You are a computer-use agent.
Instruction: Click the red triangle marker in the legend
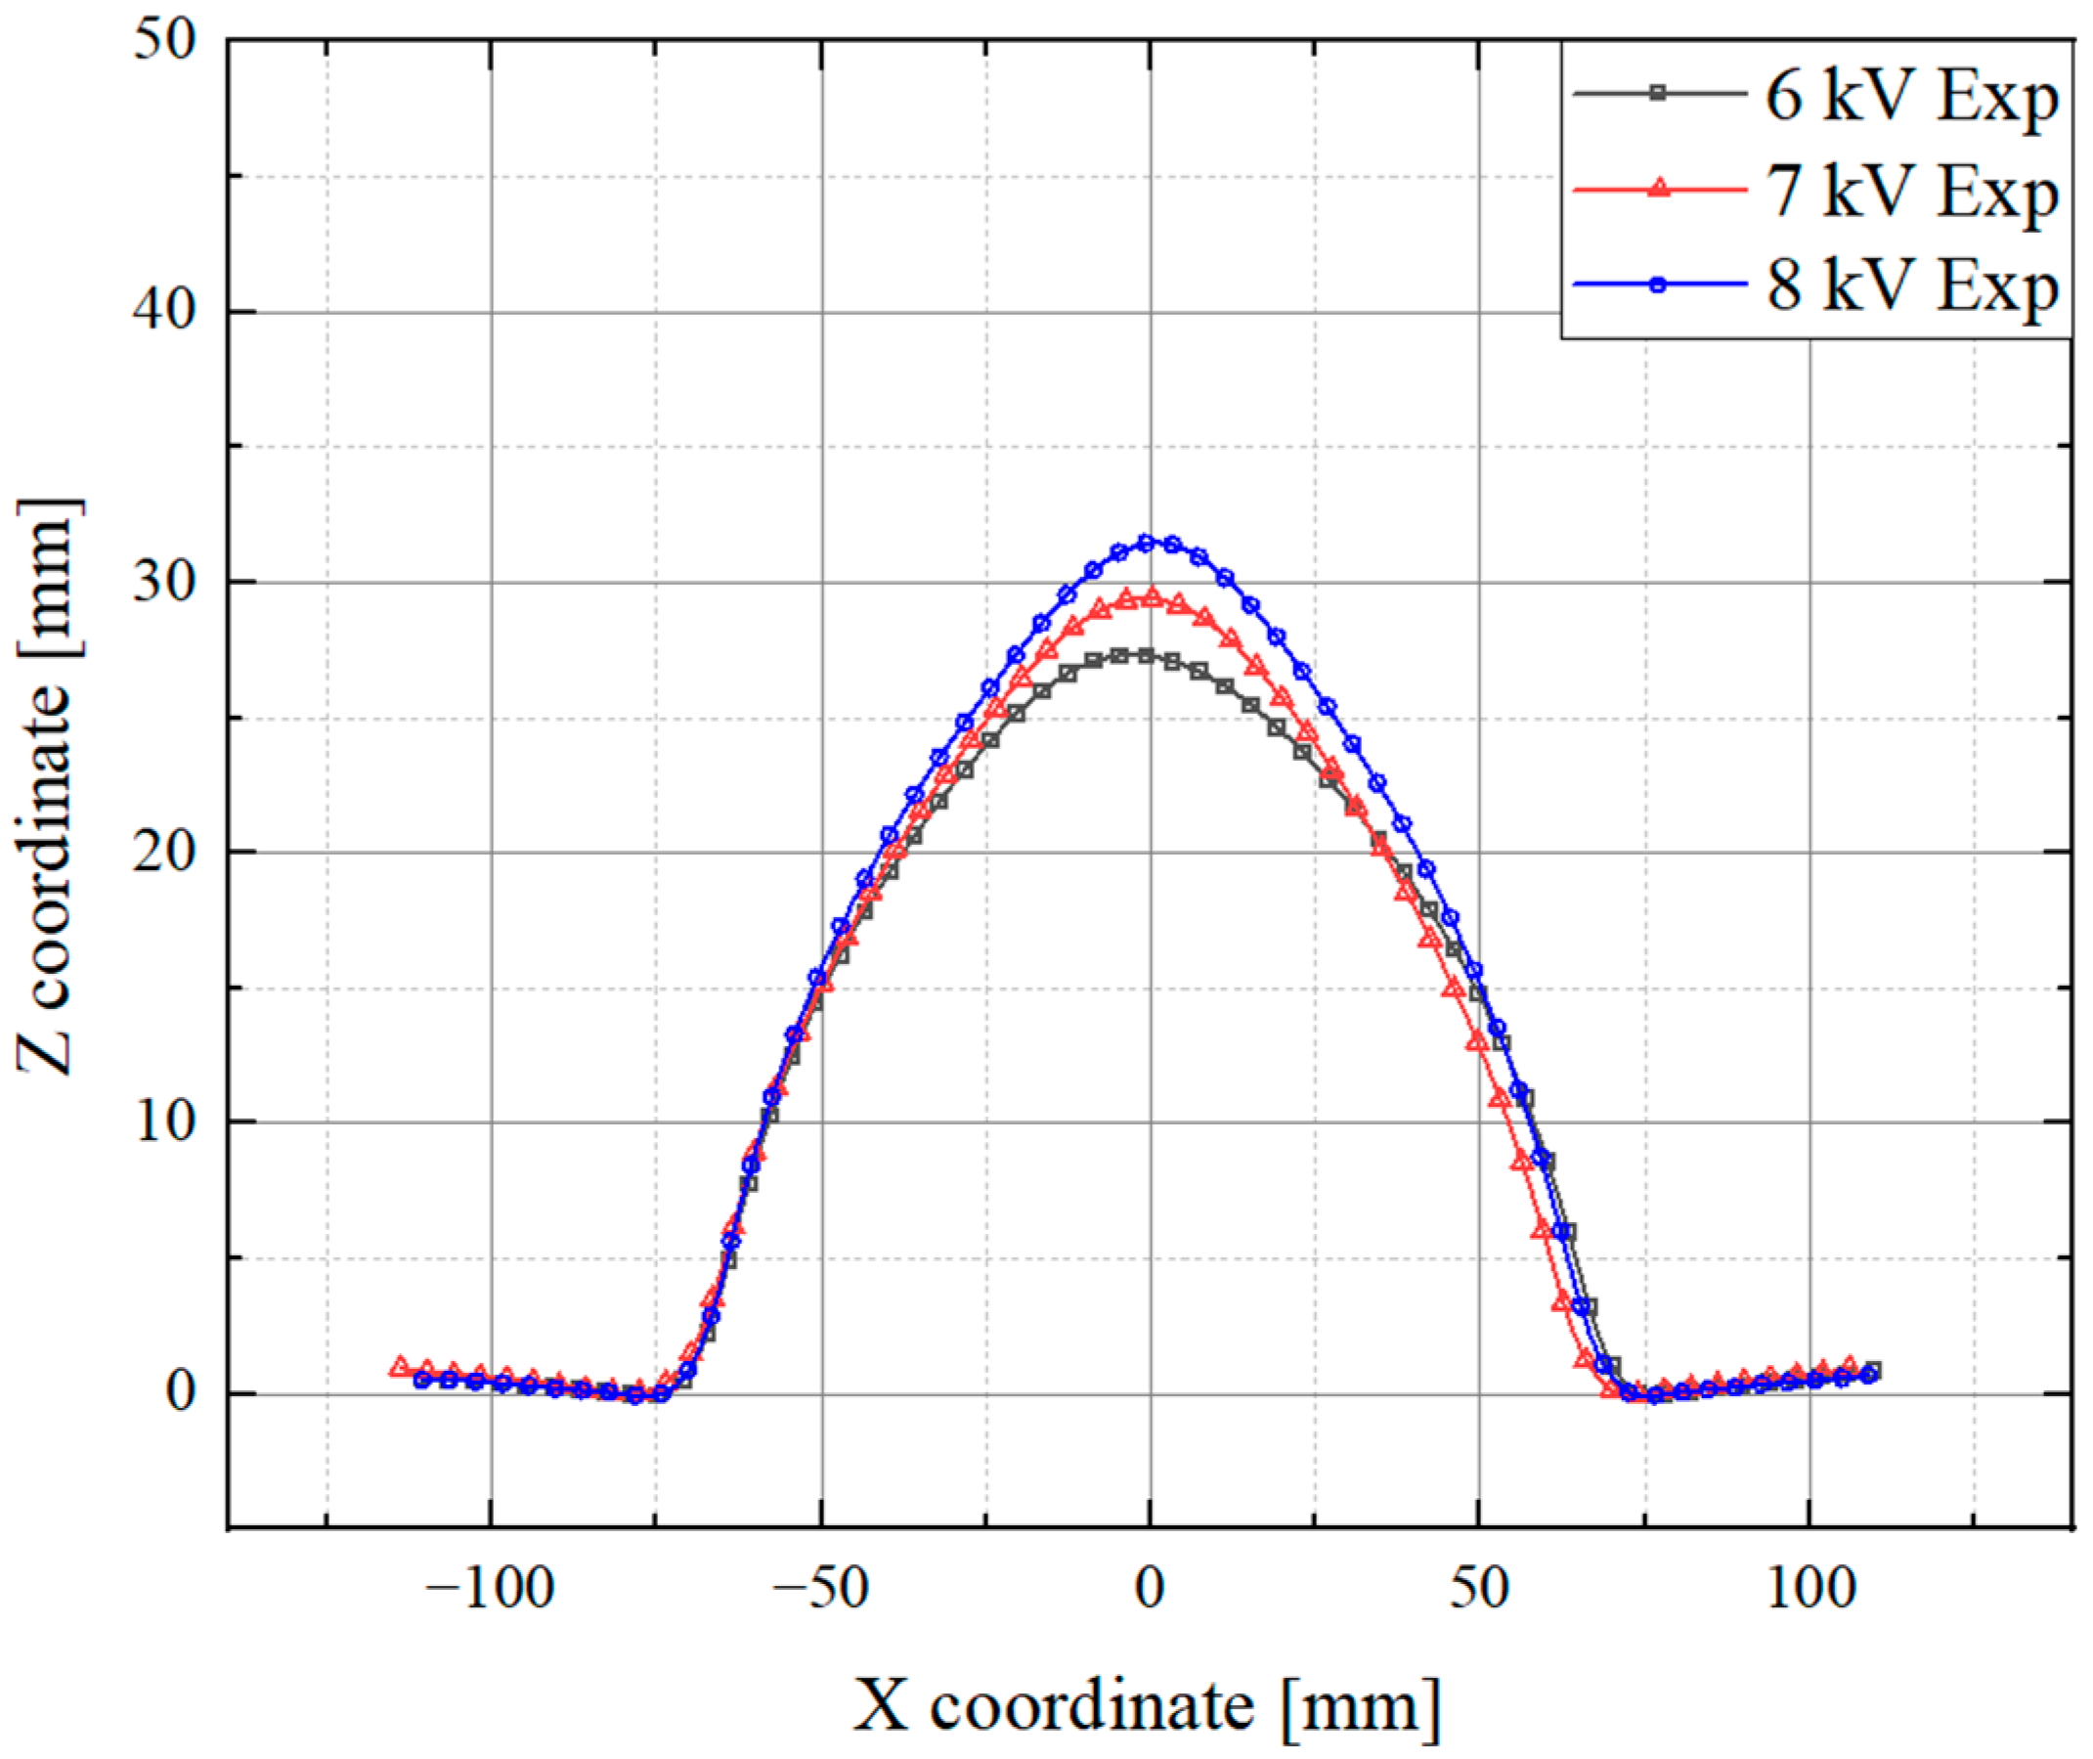pos(1658,188)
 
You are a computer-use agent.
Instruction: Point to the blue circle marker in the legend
pos(1658,285)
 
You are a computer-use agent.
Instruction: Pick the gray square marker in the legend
pos(1658,93)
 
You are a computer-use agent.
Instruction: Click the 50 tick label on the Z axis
pos(164,42)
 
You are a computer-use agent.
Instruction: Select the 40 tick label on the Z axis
pos(164,312)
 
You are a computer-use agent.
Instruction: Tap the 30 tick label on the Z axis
pos(164,583)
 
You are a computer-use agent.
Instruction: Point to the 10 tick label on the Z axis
pos(164,1122)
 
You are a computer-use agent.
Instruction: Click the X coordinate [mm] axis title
pos(1147,1706)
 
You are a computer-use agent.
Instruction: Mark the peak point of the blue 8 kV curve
pos(1147,543)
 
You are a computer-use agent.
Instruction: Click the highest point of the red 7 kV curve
pos(1151,597)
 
